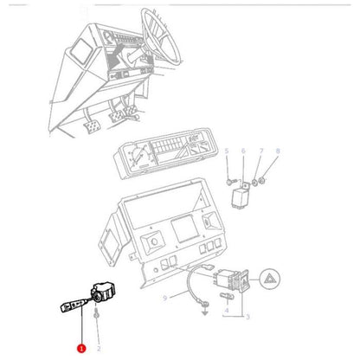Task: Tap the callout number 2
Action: (100, 349)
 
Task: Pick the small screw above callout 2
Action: (99, 315)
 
